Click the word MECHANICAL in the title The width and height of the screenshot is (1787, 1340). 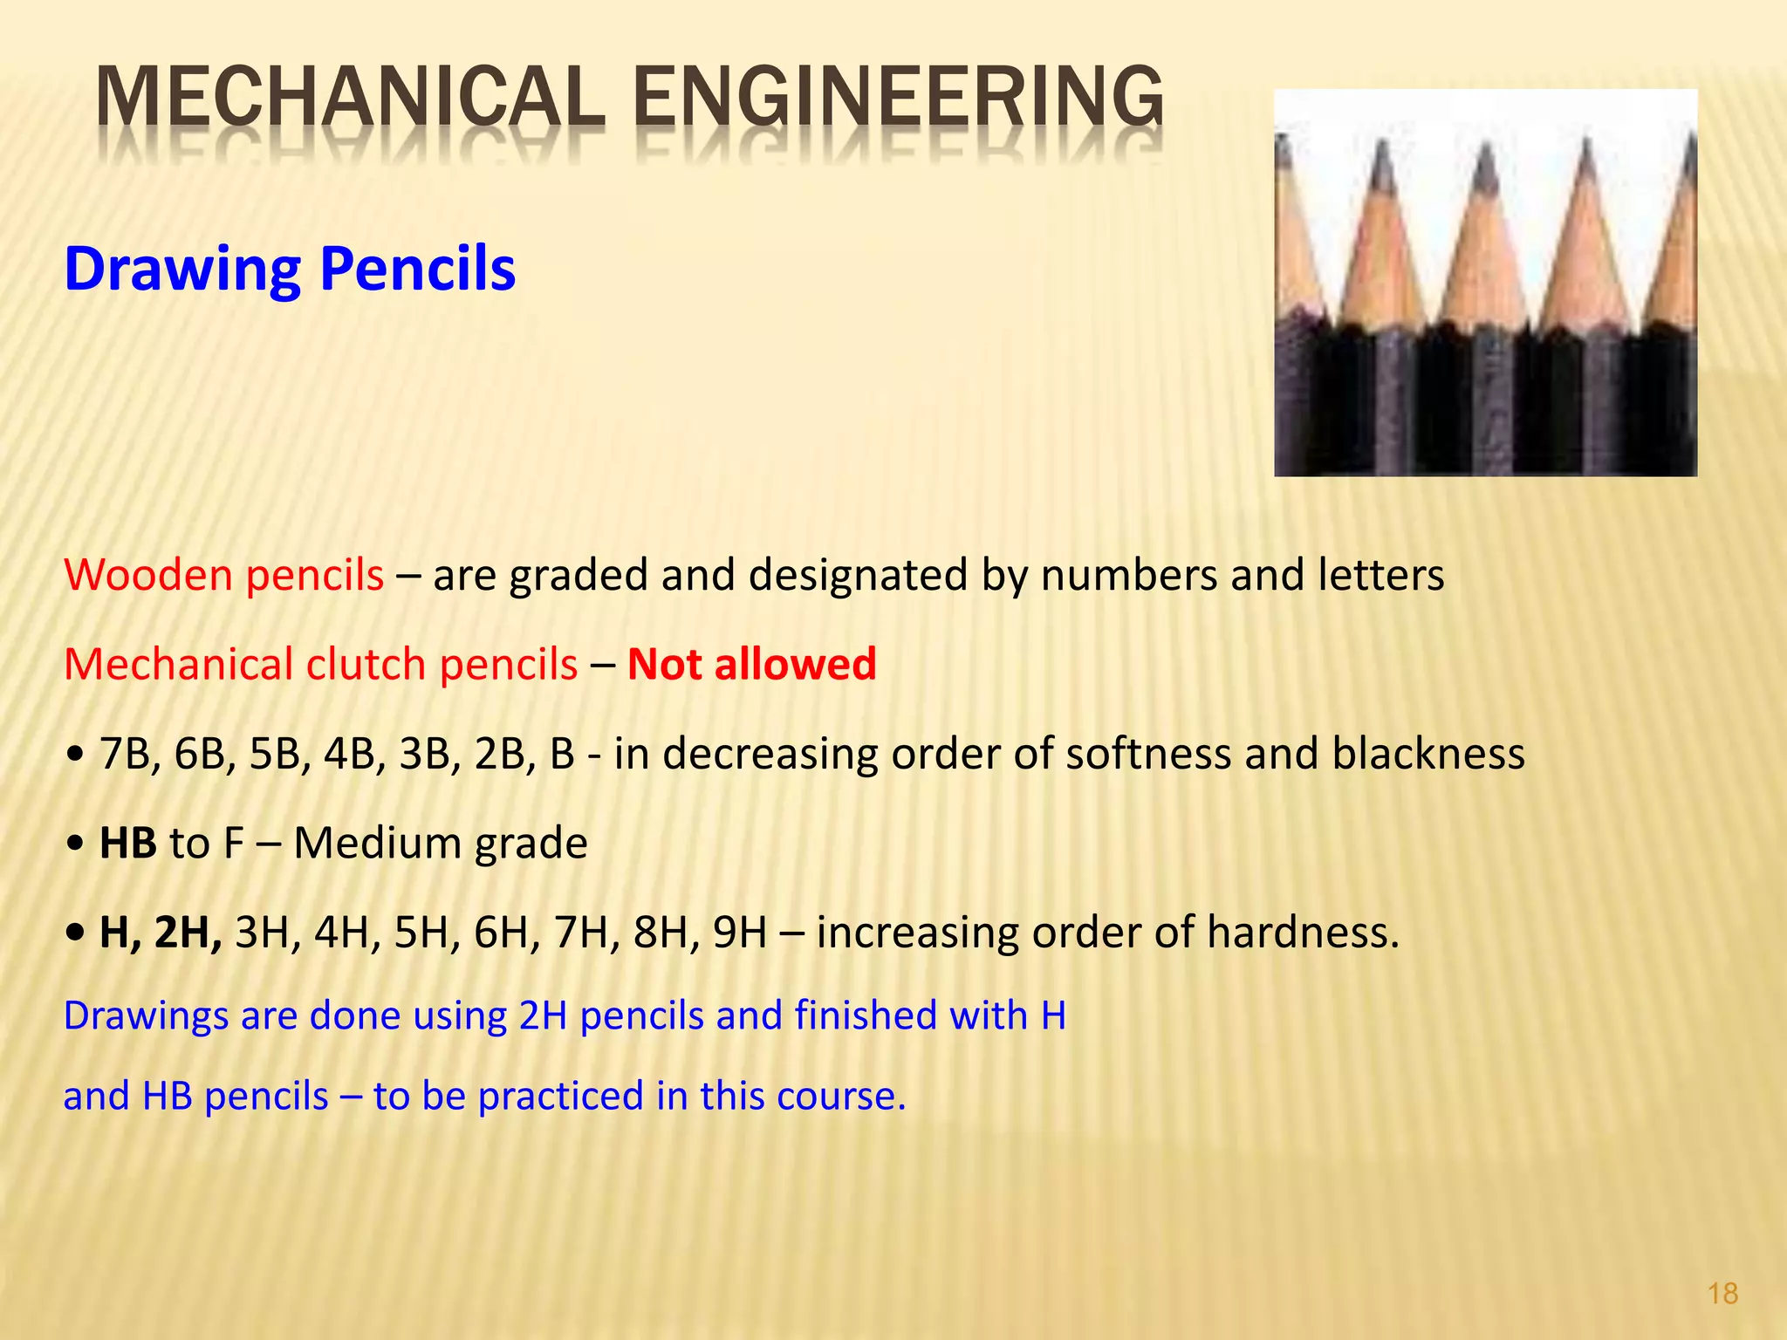click(349, 98)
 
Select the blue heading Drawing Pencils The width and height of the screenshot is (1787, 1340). click(290, 268)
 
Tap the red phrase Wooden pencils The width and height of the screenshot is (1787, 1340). click(223, 576)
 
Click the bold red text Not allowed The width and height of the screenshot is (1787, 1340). click(751, 665)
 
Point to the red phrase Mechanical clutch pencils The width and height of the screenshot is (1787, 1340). click(320, 665)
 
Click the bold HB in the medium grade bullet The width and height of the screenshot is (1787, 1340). click(127, 844)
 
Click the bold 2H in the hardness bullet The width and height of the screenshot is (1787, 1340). click(187, 933)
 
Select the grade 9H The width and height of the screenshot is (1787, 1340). click(739, 933)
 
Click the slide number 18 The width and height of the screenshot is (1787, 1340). click(1722, 1293)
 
